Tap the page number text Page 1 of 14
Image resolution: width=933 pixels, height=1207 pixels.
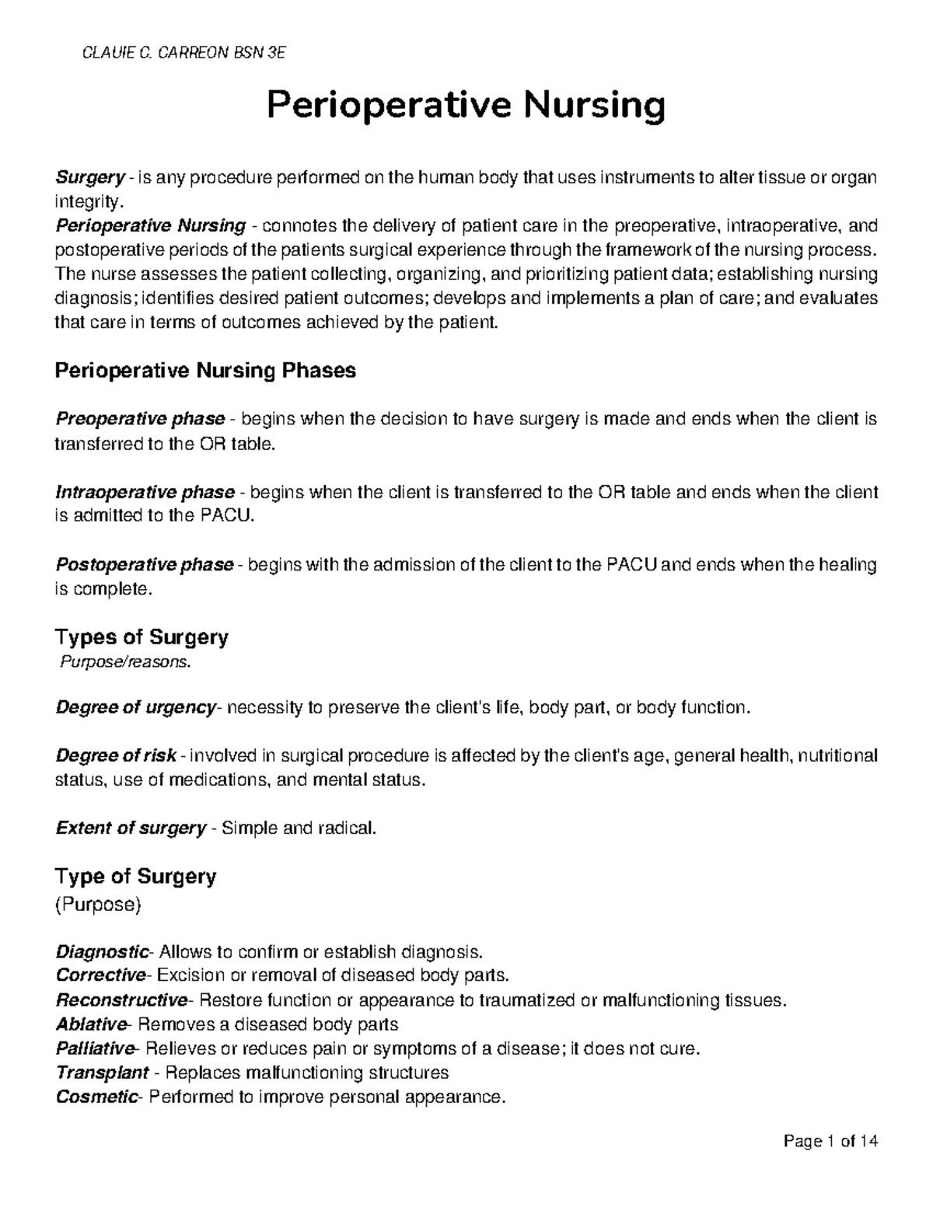pyautogui.click(x=831, y=1142)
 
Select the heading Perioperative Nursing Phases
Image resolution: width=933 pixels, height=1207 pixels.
pyautogui.click(x=205, y=371)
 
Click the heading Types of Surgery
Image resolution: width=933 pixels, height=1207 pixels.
pyautogui.click(x=141, y=637)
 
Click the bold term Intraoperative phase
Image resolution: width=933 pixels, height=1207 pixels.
pyautogui.click(x=145, y=492)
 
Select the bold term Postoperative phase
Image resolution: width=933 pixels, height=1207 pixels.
pyautogui.click(x=145, y=564)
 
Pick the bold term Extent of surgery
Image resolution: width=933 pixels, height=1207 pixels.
pyautogui.click(x=131, y=828)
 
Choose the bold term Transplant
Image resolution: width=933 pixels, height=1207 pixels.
pyautogui.click(x=102, y=1073)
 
